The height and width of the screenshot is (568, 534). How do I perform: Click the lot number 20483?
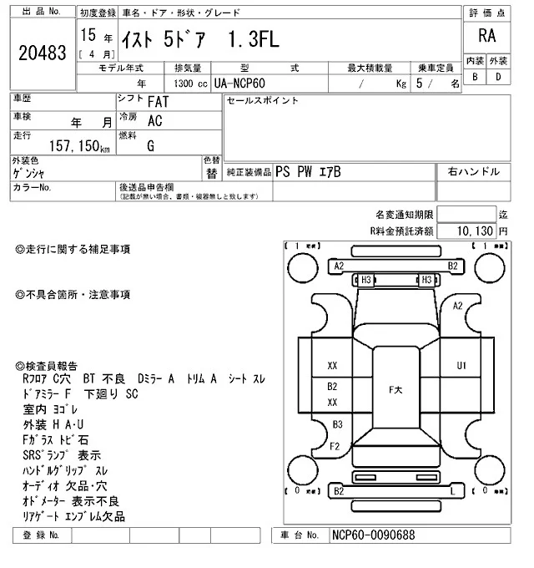pos(41,53)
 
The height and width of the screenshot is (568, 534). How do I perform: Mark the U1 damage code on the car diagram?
pos(461,366)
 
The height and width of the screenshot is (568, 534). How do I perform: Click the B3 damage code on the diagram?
pos(337,425)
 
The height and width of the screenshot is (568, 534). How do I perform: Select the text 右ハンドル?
pos(474,172)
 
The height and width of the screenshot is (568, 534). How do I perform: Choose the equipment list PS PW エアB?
pos(308,172)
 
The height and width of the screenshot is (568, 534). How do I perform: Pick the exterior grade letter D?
pos(498,78)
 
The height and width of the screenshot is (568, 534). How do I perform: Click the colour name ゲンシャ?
pos(31,174)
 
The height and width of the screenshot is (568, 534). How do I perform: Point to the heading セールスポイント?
pos(263,101)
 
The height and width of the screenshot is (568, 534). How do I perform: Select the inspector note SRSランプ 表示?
pos(63,456)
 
